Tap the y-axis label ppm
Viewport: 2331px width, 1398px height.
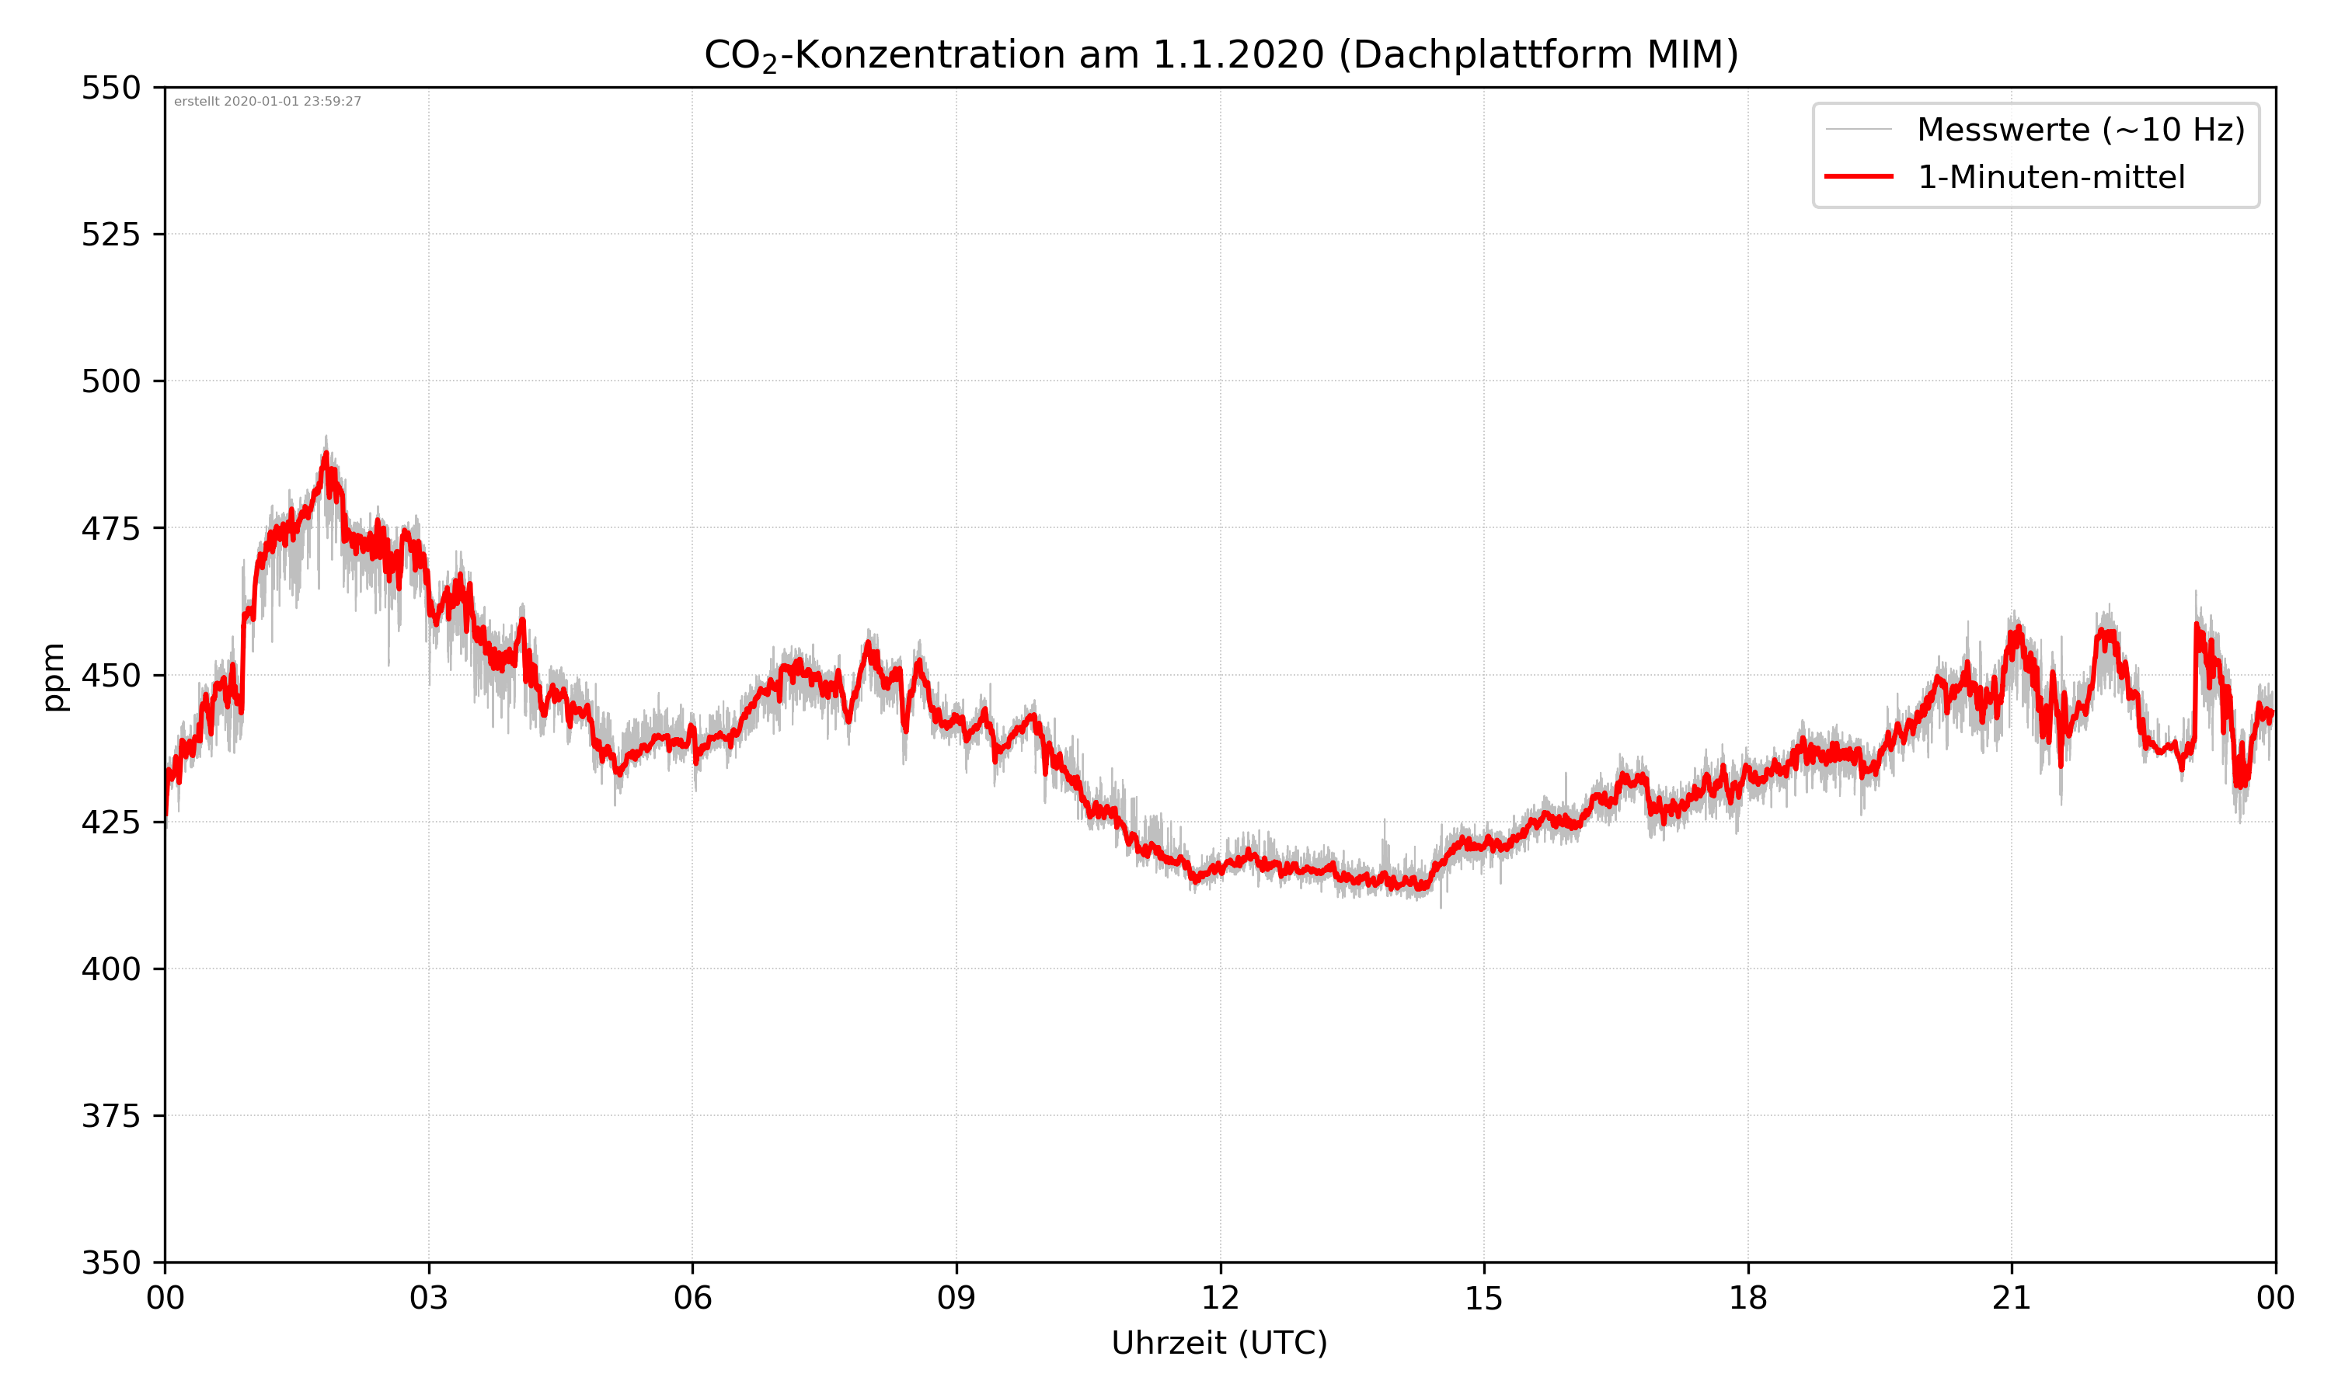tap(54, 676)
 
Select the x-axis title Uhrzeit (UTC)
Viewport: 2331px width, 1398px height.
tap(1219, 1342)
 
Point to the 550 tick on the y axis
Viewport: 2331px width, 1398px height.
tap(110, 88)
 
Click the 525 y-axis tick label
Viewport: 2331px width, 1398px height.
tap(110, 235)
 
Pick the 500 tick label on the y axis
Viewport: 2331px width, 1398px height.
tap(110, 381)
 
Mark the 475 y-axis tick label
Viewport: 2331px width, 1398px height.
tap(110, 528)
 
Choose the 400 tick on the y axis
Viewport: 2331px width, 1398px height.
tap(110, 969)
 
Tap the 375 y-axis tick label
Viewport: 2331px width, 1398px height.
tap(110, 1116)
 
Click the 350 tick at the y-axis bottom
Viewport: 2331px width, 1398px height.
tap(110, 1264)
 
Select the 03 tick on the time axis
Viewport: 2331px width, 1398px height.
tap(429, 1298)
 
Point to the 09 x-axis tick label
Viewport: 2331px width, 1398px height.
tap(956, 1298)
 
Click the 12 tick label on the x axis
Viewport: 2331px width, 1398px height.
tap(1220, 1298)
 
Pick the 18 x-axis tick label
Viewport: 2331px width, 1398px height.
tap(1747, 1298)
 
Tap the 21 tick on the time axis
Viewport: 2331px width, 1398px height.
tap(2012, 1298)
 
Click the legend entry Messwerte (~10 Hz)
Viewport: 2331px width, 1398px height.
tap(2080, 130)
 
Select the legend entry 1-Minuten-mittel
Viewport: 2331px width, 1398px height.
tap(2051, 177)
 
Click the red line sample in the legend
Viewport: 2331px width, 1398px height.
tap(1858, 177)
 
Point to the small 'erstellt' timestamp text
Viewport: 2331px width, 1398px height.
tap(267, 102)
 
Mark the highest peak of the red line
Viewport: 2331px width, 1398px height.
tap(326, 455)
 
